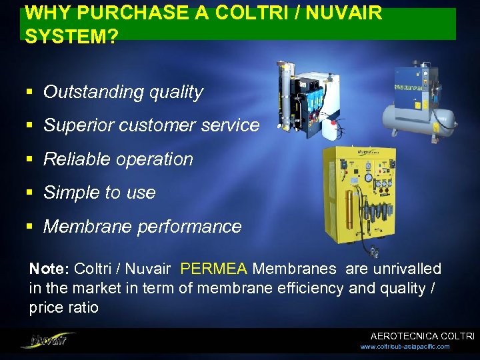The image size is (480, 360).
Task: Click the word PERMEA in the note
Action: click(213, 269)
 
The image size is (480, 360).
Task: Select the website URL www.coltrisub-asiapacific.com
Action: click(405, 347)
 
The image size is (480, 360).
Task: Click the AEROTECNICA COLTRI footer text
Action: click(422, 337)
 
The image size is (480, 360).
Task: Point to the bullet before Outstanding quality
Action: click(31, 93)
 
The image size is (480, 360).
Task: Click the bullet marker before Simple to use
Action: click(31, 193)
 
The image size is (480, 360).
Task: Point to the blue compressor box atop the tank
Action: click(419, 85)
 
